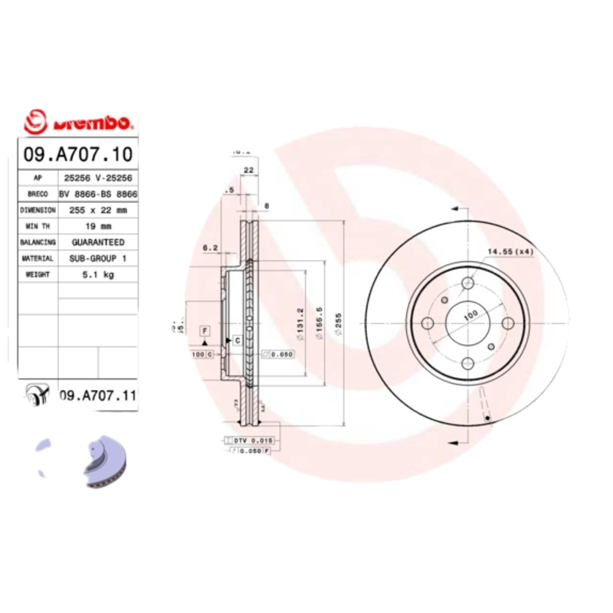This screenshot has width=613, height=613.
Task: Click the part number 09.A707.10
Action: pos(78,154)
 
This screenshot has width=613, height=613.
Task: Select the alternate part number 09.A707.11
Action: pos(97,395)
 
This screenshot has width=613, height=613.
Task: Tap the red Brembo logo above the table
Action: pos(78,122)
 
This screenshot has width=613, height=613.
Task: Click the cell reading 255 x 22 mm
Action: pos(98,209)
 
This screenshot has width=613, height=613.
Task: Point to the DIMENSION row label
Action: pos(38,209)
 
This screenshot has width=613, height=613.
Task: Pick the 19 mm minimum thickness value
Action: pos(98,226)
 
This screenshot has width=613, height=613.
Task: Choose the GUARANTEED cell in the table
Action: pos(98,242)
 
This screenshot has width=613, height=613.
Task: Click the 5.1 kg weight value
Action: pos(98,274)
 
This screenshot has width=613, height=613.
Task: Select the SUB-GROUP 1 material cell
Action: pos(98,258)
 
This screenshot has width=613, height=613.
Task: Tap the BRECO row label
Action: pos(38,193)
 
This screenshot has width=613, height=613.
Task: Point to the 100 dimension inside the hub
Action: pos(469,315)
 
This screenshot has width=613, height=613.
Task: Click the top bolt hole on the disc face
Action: pos(469,285)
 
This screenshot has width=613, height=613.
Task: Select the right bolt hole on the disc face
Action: pos(507,323)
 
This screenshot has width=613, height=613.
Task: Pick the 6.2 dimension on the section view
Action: pos(210,247)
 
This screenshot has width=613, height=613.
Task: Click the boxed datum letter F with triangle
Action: pos(205,330)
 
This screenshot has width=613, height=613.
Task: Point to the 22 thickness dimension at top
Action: pos(248,169)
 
